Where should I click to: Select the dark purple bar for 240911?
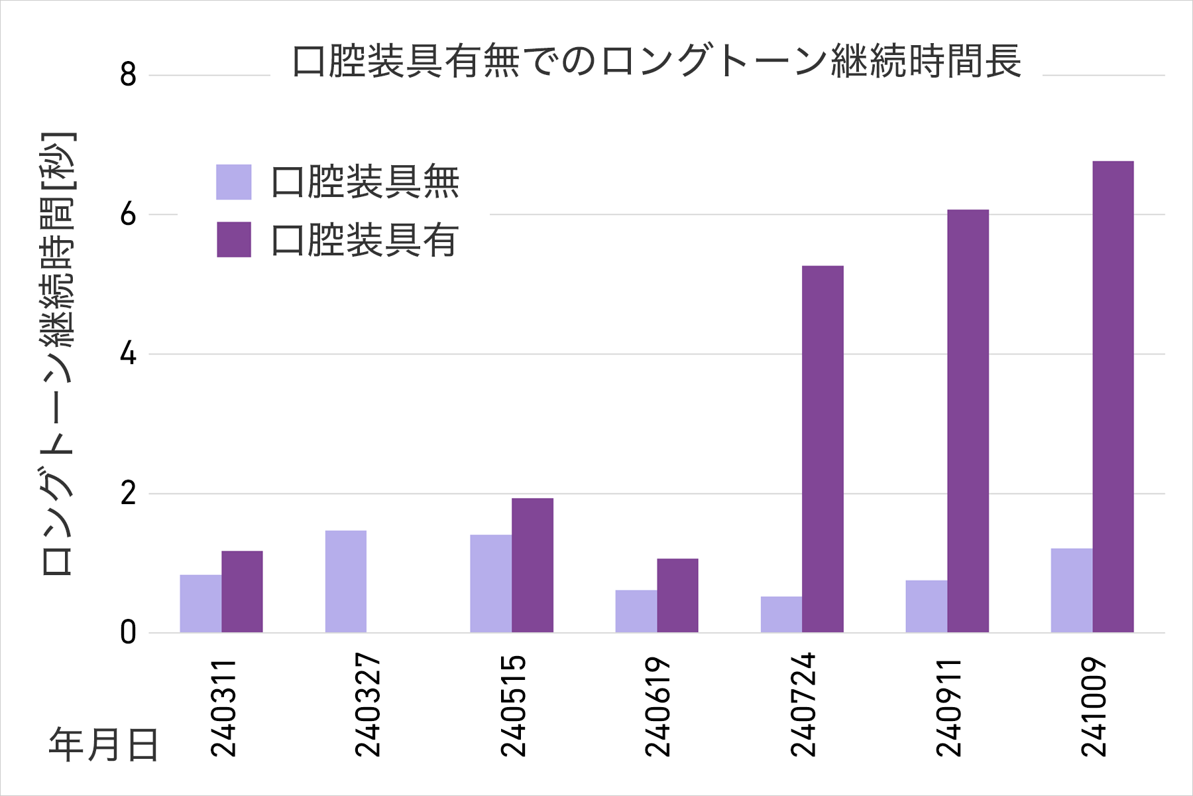tap(968, 421)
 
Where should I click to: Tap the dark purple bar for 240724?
tap(823, 449)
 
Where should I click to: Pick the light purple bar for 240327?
tap(346, 581)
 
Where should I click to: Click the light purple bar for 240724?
tap(781, 614)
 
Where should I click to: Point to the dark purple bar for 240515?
tap(532, 565)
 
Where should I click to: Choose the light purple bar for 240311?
tap(201, 603)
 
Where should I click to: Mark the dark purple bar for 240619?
tap(677, 595)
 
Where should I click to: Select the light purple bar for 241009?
tap(1072, 590)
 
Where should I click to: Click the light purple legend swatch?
tap(234, 182)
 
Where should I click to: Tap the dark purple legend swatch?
tap(234, 239)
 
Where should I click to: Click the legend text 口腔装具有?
tap(365, 240)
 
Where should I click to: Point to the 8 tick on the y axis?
tap(128, 75)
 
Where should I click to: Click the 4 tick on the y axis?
tap(128, 354)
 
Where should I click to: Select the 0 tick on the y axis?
tap(128, 633)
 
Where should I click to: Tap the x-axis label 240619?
tap(657, 707)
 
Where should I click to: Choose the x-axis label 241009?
tap(1094, 707)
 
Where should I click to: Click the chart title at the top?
tap(656, 61)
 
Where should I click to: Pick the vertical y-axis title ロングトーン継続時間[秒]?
tap(58, 354)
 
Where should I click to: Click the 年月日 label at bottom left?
tap(103, 744)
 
